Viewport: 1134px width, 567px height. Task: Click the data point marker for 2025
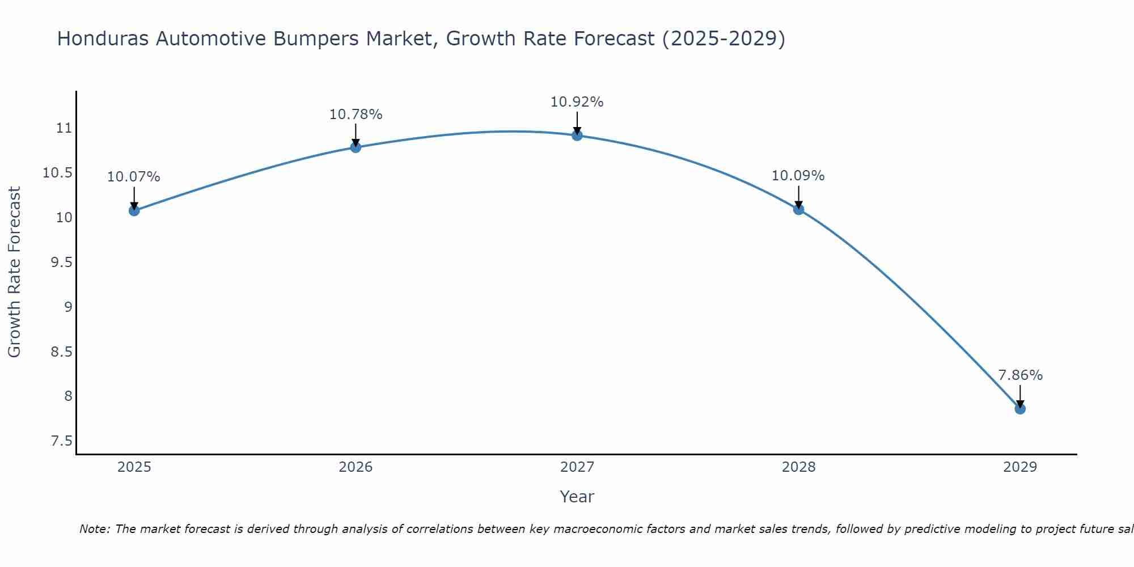(134, 210)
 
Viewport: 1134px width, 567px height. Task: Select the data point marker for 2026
(356, 147)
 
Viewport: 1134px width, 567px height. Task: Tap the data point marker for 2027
(577, 135)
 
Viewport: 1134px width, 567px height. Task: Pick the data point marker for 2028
(798, 209)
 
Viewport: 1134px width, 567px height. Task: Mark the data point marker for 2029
(1020, 409)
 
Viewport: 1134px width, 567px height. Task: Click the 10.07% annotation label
(134, 177)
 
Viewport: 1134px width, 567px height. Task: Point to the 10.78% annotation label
(356, 115)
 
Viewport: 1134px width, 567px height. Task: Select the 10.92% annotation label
(577, 102)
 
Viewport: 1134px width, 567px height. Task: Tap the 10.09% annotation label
(798, 176)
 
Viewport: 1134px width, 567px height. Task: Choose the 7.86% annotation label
(1020, 375)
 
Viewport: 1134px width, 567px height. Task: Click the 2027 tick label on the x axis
(577, 467)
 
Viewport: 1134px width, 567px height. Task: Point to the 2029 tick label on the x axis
(1020, 467)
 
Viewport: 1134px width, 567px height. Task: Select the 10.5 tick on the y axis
(58, 173)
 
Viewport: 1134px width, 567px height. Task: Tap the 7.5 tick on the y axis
(62, 441)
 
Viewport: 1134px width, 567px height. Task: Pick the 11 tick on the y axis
(65, 128)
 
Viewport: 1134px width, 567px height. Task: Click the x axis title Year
(577, 497)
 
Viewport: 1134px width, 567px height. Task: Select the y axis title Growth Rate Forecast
(14, 272)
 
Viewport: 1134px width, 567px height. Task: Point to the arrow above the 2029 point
(1020, 396)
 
